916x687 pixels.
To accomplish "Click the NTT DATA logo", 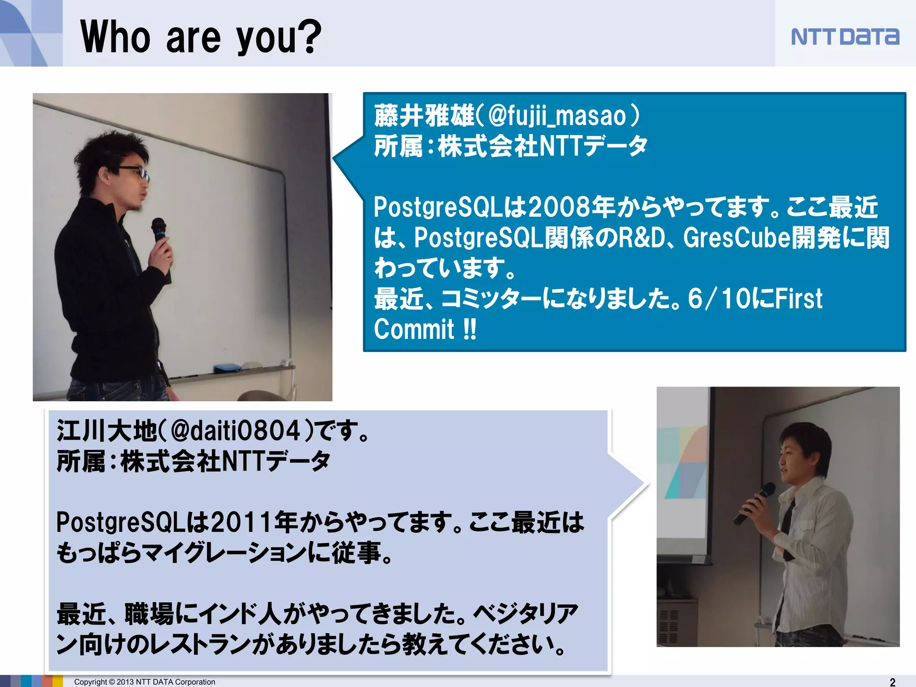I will click(x=844, y=37).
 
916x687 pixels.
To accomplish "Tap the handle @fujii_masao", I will click(x=557, y=116).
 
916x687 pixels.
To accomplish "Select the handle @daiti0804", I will click(x=235, y=431).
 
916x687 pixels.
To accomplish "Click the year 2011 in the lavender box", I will click(x=242, y=522).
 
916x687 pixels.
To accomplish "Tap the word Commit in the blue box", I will click(x=414, y=330).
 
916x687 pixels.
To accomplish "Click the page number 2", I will click(x=892, y=682).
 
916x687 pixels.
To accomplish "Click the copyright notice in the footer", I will click(x=144, y=682).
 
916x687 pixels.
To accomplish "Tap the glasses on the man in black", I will click(x=134, y=172).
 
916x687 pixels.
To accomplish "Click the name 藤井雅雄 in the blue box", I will click(x=424, y=116).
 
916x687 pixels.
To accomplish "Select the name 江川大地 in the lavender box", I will click(x=106, y=431).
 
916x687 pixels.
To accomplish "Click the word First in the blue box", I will click(x=798, y=299).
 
